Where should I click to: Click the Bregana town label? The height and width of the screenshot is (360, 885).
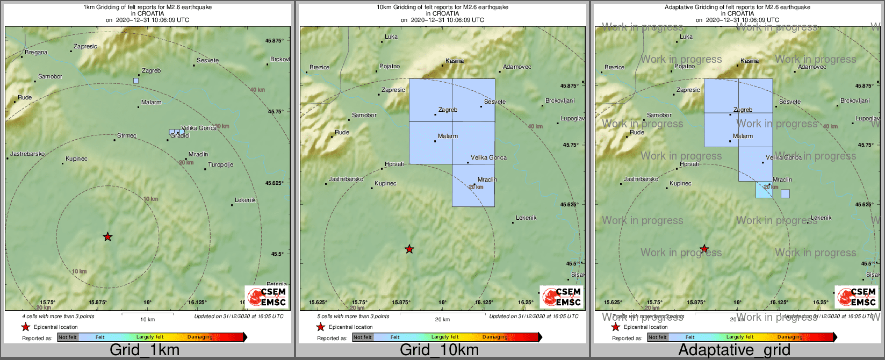[x=36, y=53]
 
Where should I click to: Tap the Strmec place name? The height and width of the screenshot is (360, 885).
[x=127, y=136]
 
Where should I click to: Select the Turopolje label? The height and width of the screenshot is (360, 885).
[x=220, y=165]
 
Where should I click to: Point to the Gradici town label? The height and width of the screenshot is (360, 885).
[x=180, y=136]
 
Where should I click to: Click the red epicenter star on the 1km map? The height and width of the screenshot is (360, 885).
[x=107, y=237]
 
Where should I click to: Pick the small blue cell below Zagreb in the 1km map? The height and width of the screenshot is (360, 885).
[x=136, y=81]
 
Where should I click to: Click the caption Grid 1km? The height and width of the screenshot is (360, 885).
[x=145, y=350]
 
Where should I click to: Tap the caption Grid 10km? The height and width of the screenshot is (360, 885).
[x=439, y=350]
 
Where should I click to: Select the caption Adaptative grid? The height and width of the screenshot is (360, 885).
[x=734, y=350]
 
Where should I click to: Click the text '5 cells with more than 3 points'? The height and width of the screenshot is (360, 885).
[x=353, y=316]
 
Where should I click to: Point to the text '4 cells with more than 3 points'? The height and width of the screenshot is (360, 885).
[x=58, y=316]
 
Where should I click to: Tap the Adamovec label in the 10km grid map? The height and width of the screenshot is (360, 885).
[x=517, y=67]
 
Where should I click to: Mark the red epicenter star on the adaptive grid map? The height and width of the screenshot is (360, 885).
[x=704, y=249]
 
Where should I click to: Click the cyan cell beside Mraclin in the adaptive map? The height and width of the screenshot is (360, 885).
[x=764, y=190]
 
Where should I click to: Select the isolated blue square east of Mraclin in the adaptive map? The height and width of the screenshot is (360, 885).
[x=785, y=193]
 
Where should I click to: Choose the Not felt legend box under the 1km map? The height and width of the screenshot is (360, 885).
[x=68, y=337]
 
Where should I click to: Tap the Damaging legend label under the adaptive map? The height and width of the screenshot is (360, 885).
[x=790, y=337]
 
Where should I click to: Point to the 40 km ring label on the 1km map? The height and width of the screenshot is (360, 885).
[x=257, y=90]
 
